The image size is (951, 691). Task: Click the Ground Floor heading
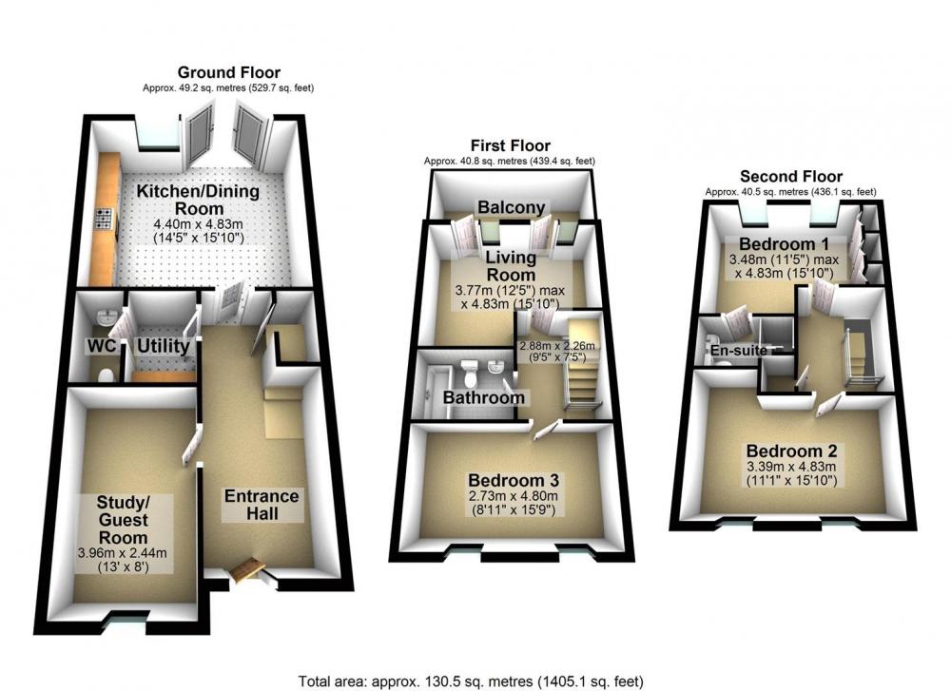[x=228, y=73]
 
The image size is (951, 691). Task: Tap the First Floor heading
[x=510, y=145]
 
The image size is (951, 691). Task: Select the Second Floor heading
[x=791, y=177]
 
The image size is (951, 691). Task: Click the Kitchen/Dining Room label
[x=199, y=200]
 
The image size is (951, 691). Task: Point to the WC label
[x=102, y=347]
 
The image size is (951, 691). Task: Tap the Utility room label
[x=164, y=346]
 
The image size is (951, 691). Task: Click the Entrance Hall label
[x=262, y=505]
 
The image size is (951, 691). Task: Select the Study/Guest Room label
[x=123, y=520]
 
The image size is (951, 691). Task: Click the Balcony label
[x=512, y=207]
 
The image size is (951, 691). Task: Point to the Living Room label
[x=512, y=265]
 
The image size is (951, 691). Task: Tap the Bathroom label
[x=483, y=397]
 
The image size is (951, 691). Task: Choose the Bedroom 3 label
[x=514, y=480]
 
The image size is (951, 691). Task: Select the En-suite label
[x=739, y=351]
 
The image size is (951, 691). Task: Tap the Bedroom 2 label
[x=791, y=451]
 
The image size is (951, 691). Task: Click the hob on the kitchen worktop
[x=103, y=219]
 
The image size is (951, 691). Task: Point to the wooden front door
[x=247, y=569]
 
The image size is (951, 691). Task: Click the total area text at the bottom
[x=471, y=681]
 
